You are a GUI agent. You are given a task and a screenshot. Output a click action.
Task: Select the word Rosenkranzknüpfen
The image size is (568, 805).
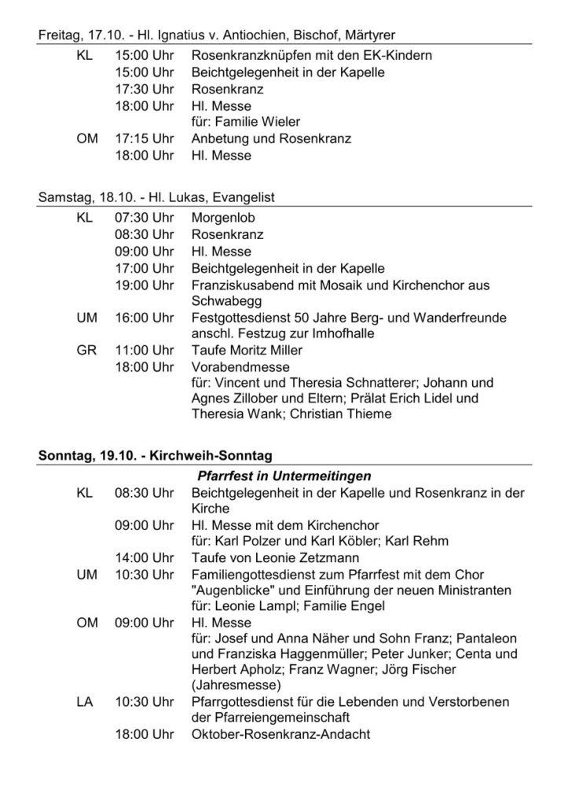tap(251, 57)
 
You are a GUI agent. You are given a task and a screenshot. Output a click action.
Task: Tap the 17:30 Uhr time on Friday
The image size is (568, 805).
tap(144, 90)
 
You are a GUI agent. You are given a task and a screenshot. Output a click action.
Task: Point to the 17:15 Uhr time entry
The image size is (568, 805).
tap(144, 139)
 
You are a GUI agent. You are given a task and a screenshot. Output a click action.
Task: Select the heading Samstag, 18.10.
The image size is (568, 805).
tap(86, 197)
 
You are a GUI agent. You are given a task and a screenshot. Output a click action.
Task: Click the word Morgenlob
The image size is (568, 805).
tap(222, 219)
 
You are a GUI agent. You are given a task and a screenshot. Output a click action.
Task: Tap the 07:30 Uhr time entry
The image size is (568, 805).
tap(144, 219)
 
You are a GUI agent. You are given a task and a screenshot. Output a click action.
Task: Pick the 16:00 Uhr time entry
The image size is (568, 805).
tap(144, 318)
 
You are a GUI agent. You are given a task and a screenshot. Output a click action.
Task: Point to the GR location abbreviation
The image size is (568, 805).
tap(86, 351)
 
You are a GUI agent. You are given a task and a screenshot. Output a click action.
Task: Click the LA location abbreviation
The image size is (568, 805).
tap(86, 701)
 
